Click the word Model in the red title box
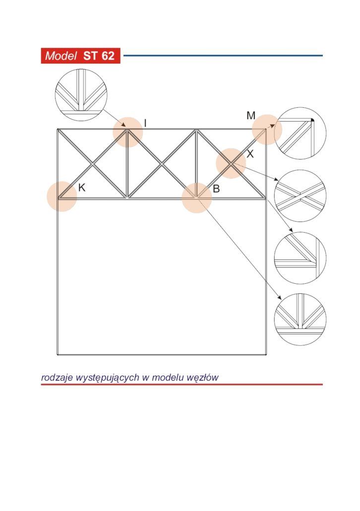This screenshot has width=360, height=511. (60, 56)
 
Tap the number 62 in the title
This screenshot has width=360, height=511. (107, 56)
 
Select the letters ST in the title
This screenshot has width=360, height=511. (90, 56)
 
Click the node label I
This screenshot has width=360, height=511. (145, 123)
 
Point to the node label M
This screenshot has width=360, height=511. (251, 116)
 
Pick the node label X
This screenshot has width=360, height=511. (250, 154)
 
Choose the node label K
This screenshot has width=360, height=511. (82, 188)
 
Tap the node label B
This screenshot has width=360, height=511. (216, 189)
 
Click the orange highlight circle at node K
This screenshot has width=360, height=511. (62, 196)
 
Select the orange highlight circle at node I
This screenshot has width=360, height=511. (128, 132)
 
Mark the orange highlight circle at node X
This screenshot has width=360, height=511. (231, 163)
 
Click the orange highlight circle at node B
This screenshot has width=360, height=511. (196, 198)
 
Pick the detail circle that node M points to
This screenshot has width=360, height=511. (300, 108)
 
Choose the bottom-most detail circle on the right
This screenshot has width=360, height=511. (300, 294)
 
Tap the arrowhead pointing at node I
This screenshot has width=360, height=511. (124, 125)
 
